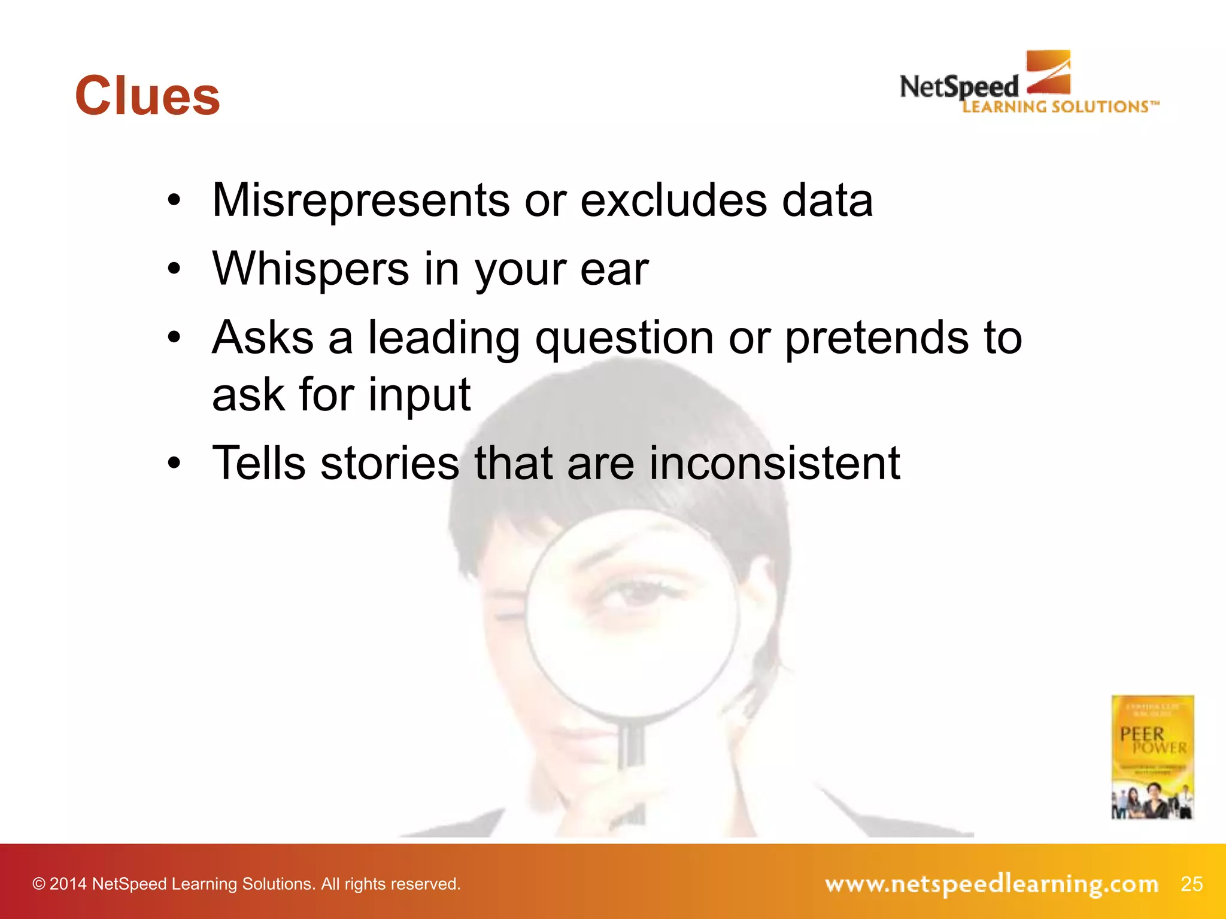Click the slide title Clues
point(147,96)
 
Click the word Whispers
point(311,269)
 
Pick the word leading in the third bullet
point(443,339)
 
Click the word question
point(624,339)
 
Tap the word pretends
point(876,339)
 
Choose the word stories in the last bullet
point(390,463)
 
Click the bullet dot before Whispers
point(174,269)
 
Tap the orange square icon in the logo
point(1048,72)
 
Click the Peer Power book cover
point(1152,757)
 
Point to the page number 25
point(1191,884)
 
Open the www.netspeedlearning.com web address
point(991,884)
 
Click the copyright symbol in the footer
point(39,884)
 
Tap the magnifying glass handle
point(631,748)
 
